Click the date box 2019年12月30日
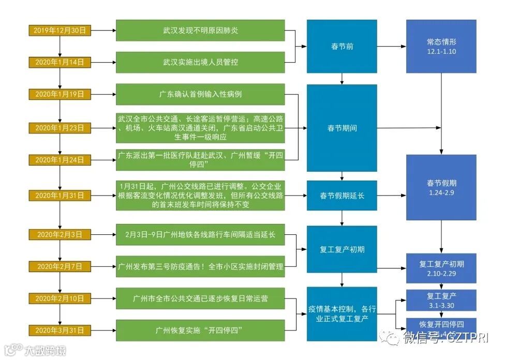[60, 31]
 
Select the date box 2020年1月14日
[60, 62]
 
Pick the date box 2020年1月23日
[60, 128]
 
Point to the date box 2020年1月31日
[60, 196]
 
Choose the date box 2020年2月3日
[60, 234]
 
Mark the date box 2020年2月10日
[60, 298]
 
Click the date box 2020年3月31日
[60, 330]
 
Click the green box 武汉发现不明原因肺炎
[200, 31]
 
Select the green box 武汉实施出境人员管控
[200, 62]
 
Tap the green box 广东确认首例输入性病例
[200, 94]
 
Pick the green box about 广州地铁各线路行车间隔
[200, 234]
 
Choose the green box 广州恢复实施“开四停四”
[200, 330]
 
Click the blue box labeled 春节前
[342, 47]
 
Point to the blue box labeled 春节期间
[342, 128]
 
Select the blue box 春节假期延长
[342, 196]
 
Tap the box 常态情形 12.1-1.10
[441, 47]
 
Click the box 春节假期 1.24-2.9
[441, 188]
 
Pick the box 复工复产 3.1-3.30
[441, 300]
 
